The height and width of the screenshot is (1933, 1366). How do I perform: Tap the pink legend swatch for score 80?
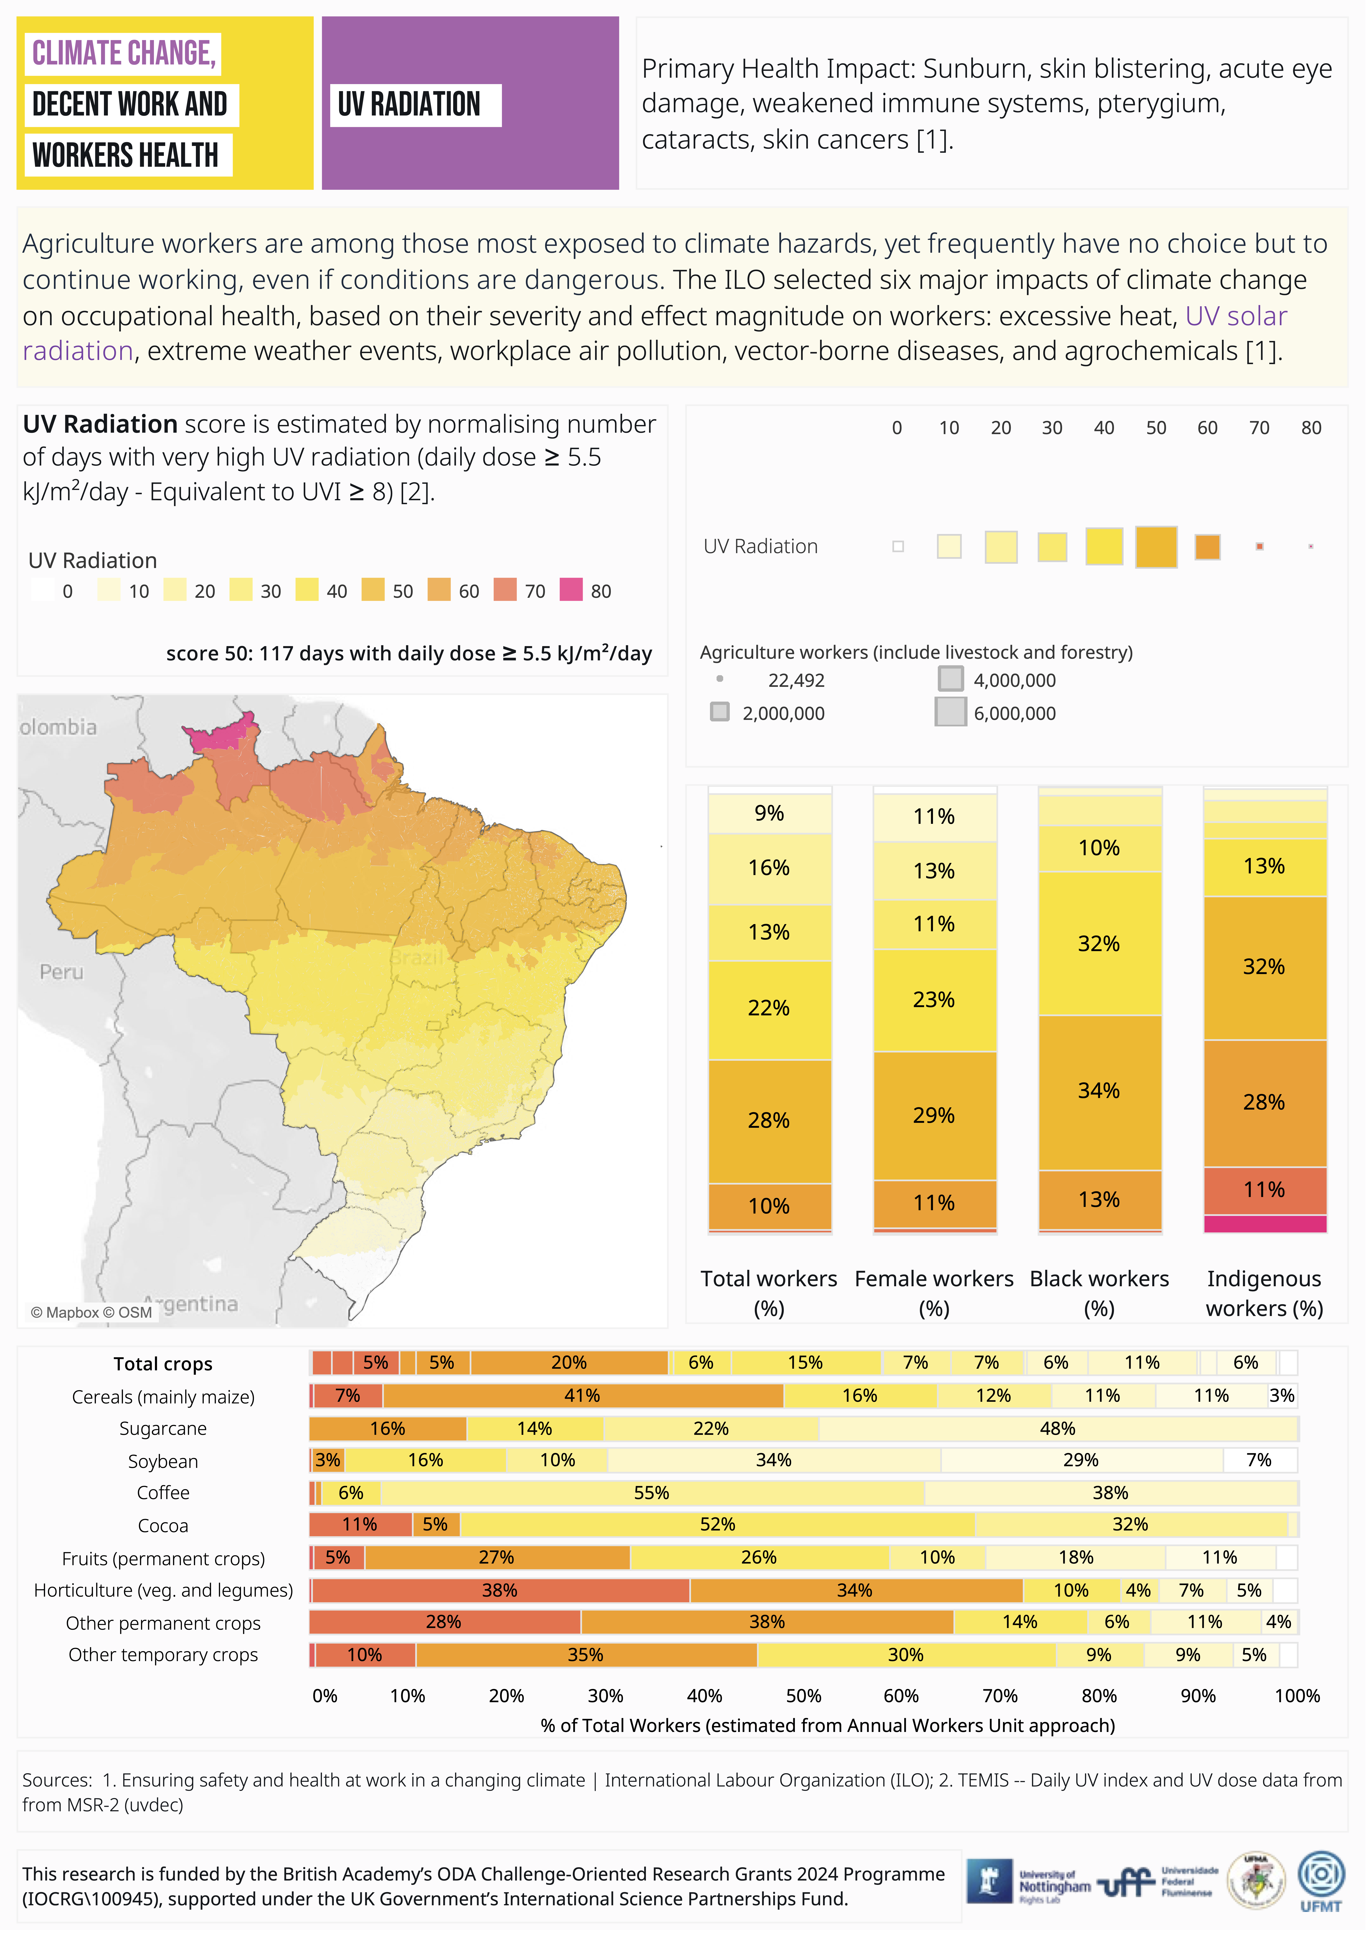[571, 590]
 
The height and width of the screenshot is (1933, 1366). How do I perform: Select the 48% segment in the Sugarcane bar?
[1057, 1429]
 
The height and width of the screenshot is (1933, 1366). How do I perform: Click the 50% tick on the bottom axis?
[803, 1696]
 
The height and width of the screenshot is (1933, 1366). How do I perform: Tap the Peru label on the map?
[61, 972]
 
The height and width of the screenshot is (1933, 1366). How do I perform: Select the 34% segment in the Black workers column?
[1099, 1091]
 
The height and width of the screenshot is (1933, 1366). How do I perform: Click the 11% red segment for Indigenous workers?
[1264, 1190]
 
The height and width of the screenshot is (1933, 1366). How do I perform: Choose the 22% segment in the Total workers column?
[768, 1008]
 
